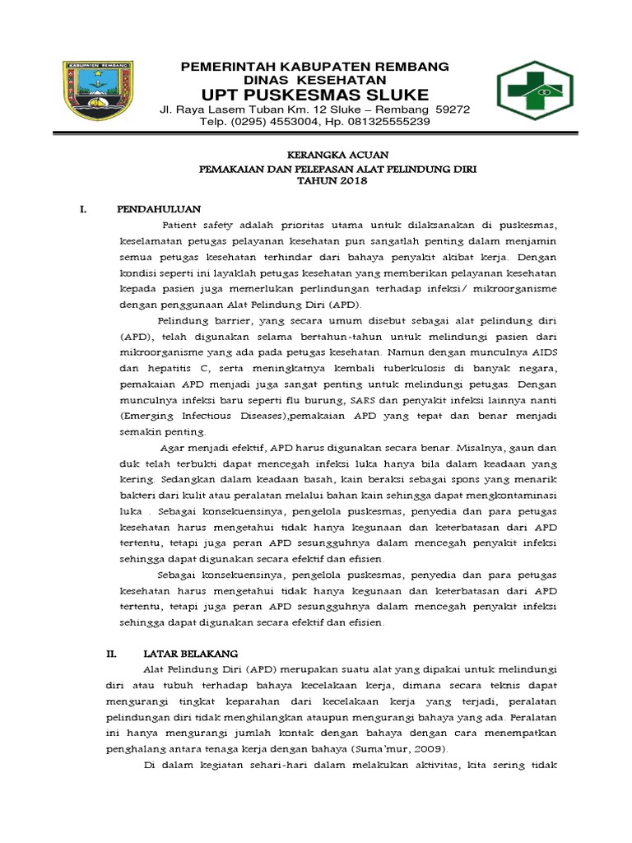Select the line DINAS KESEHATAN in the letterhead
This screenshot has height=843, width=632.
click(x=316, y=79)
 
